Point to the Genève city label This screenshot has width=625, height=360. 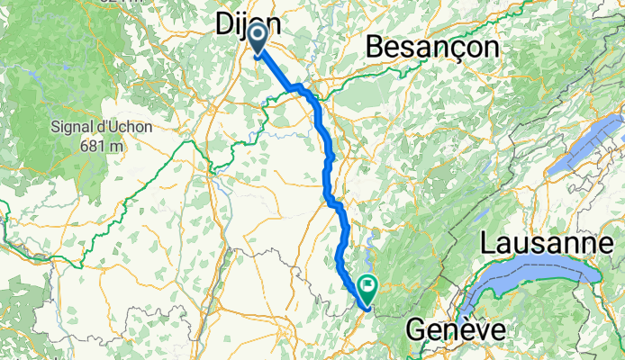tap(454, 330)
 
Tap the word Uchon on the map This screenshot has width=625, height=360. tap(132, 127)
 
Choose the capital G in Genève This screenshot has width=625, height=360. tap(416, 330)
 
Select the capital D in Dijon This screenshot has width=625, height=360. tap(225, 27)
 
